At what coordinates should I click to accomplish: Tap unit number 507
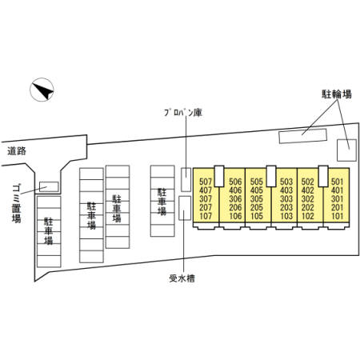coord(206,182)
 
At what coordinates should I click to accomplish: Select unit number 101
coord(337,216)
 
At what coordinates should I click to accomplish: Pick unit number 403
coord(286,190)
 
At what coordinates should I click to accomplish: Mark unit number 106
coord(235,216)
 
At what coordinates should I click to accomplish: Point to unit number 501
coord(337,182)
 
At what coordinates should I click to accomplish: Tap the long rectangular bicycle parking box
coord(302,135)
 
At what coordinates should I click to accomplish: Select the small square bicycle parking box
coord(346,149)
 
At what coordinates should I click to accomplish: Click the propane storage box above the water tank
coord(186,179)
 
